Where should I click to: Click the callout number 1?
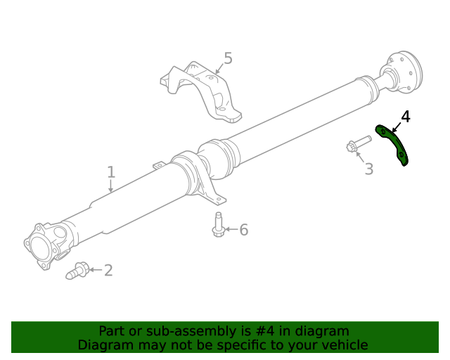(110, 172)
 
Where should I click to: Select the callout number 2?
(108, 270)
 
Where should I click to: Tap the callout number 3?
(368, 169)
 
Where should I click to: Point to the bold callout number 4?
(406, 116)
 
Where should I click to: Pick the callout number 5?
(227, 58)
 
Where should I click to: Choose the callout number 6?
(243, 230)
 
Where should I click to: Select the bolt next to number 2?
(77, 270)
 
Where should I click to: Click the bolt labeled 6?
(219, 225)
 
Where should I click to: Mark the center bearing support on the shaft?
(197, 176)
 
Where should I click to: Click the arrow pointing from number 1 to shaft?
(110, 186)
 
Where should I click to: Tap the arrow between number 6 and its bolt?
(231, 230)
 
